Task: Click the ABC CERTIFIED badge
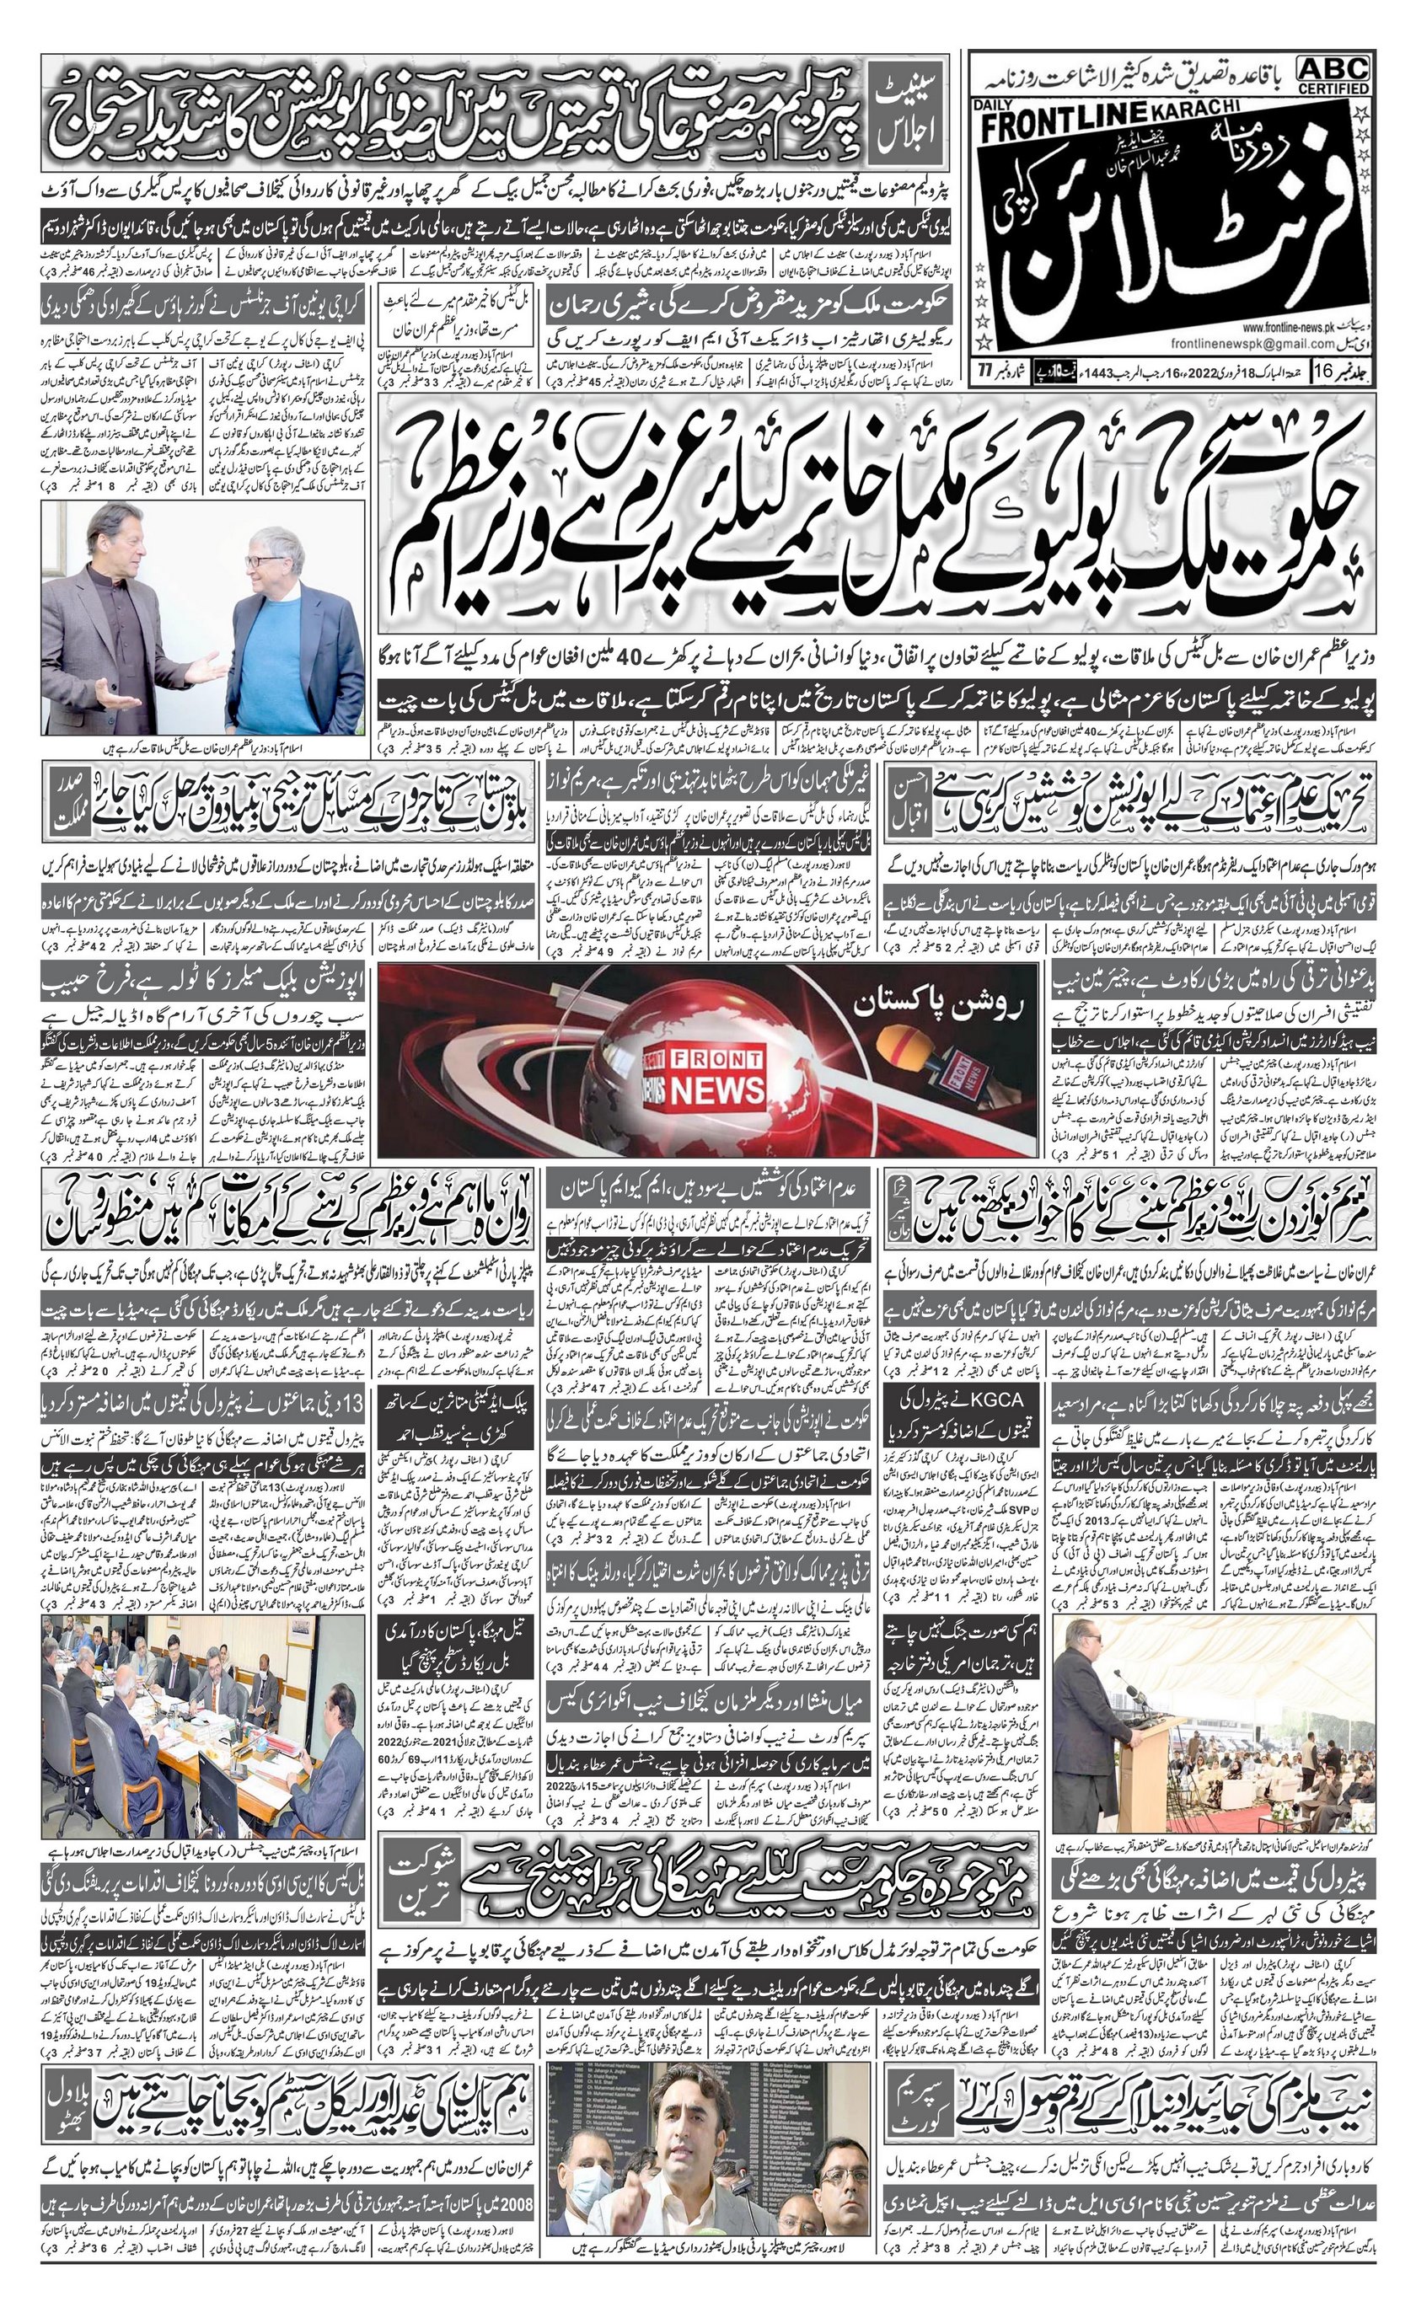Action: click(x=1333, y=74)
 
